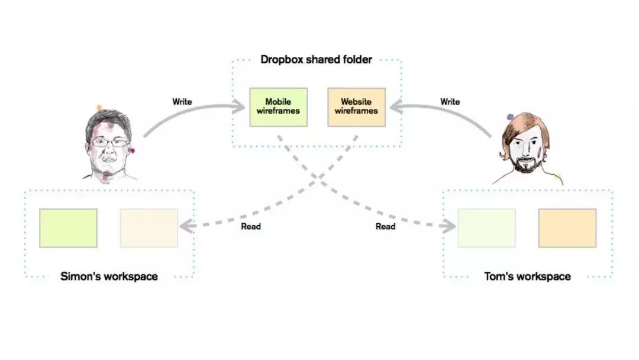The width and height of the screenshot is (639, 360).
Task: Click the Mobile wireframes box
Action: click(278, 107)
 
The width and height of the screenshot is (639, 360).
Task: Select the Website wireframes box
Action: click(356, 107)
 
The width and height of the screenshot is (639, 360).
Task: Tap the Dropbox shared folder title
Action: click(317, 59)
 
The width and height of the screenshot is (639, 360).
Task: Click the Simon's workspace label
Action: click(109, 277)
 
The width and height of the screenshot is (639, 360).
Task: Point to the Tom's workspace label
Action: click(527, 277)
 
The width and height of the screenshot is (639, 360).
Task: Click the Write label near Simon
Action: click(182, 102)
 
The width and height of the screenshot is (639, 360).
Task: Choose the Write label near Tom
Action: click(450, 102)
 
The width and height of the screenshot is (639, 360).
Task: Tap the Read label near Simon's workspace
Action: click(251, 226)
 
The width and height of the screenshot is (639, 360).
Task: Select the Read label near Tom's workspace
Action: click(385, 226)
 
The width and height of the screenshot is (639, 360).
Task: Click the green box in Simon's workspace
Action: click(68, 228)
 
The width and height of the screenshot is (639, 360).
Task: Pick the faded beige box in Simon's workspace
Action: click(149, 228)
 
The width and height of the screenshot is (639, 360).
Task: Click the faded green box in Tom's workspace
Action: click(486, 228)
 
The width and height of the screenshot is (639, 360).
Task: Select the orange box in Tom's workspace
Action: click(567, 228)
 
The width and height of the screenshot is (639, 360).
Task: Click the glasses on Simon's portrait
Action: click(110, 142)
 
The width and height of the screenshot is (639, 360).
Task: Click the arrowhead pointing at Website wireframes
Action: click(393, 107)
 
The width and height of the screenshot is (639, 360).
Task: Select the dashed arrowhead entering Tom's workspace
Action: click(451, 226)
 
